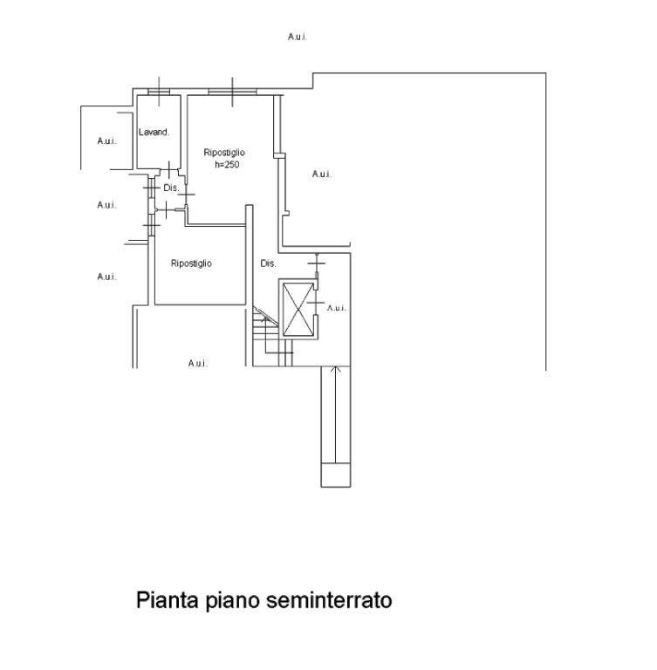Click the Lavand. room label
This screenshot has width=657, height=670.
pyautogui.click(x=154, y=132)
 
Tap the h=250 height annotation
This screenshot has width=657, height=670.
pyautogui.click(x=227, y=165)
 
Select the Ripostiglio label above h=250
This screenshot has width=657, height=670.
pyautogui.click(x=224, y=153)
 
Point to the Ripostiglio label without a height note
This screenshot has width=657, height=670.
pyautogui.click(x=191, y=263)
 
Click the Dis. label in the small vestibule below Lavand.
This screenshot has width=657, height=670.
pyautogui.click(x=171, y=188)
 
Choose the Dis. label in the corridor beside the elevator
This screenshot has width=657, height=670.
pyautogui.click(x=268, y=263)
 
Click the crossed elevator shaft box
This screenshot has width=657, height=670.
pyautogui.click(x=298, y=310)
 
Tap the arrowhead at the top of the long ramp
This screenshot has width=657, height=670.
pyautogui.click(x=336, y=369)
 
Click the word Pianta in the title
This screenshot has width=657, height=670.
pyautogui.click(x=168, y=600)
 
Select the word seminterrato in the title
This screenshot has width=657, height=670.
pyautogui.click(x=329, y=600)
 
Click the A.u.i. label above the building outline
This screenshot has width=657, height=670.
pyautogui.click(x=297, y=37)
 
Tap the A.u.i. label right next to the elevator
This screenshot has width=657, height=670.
pyautogui.click(x=337, y=308)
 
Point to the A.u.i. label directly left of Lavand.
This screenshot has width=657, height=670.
pyautogui.click(x=106, y=141)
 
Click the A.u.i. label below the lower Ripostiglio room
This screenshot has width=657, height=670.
pyautogui.click(x=197, y=363)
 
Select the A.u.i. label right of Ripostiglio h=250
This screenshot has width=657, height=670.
pyautogui.click(x=321, y=174)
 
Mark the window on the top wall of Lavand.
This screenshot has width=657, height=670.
pyautogui.click(x=159, y=92)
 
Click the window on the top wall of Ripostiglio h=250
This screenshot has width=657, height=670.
pyautogui.click(x=232, y=92)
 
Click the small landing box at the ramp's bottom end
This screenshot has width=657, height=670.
pyautogui.click(x=336, y=475)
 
